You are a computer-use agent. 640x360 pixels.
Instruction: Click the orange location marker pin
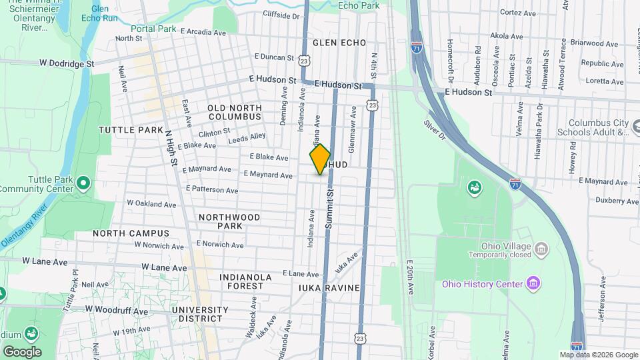pos(320,159)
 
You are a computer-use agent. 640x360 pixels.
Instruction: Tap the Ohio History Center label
pos(482,285)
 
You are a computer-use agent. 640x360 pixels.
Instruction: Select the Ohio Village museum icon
pos(541,250)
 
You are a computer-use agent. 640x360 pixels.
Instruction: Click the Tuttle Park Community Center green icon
pos(82,182)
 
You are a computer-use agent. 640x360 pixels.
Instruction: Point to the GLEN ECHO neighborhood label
pos(340,43)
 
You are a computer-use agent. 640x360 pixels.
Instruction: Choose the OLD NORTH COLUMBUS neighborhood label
pos(234,112)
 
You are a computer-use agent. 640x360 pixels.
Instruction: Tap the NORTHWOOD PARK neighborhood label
pos(229,221)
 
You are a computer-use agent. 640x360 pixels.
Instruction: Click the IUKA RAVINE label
pos(330,288)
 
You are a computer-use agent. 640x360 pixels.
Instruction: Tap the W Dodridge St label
pos(67,63)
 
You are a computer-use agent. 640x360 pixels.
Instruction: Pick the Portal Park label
pos(153,29)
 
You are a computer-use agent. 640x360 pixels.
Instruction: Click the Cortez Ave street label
pos(518,13)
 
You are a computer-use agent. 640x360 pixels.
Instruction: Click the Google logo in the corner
pos(22,352)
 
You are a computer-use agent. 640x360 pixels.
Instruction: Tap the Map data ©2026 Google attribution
pos(598,355)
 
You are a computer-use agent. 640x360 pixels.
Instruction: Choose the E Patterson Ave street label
pos(212,190)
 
